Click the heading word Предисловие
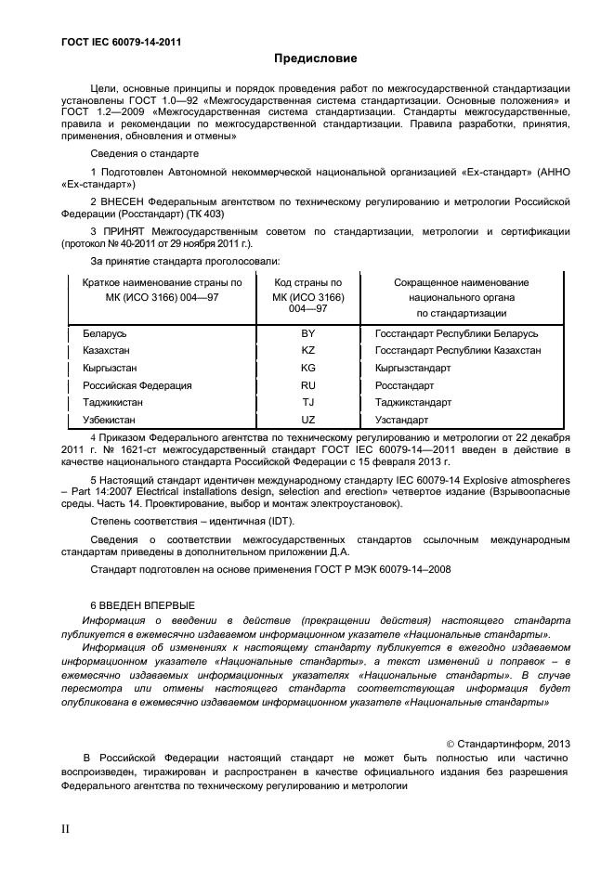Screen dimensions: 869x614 point(315,58)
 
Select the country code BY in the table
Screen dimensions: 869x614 point(308,333)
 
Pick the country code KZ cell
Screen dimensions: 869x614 point(308,351)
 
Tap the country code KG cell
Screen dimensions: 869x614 point(308,369)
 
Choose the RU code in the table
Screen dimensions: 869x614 point(308,385)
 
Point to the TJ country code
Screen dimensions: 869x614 point(308,403)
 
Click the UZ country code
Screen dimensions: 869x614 point(308,421)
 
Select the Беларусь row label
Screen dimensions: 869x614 point(105,333)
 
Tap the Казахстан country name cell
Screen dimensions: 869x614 point(108,351)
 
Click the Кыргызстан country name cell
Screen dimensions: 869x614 point(111,369)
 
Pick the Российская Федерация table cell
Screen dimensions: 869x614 point(137,385)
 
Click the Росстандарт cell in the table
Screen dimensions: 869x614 point(404,385)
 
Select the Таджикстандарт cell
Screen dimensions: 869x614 point(413,403)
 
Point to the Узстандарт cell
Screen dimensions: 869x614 point(401,421)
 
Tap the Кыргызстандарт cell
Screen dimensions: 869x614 point(413,369)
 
